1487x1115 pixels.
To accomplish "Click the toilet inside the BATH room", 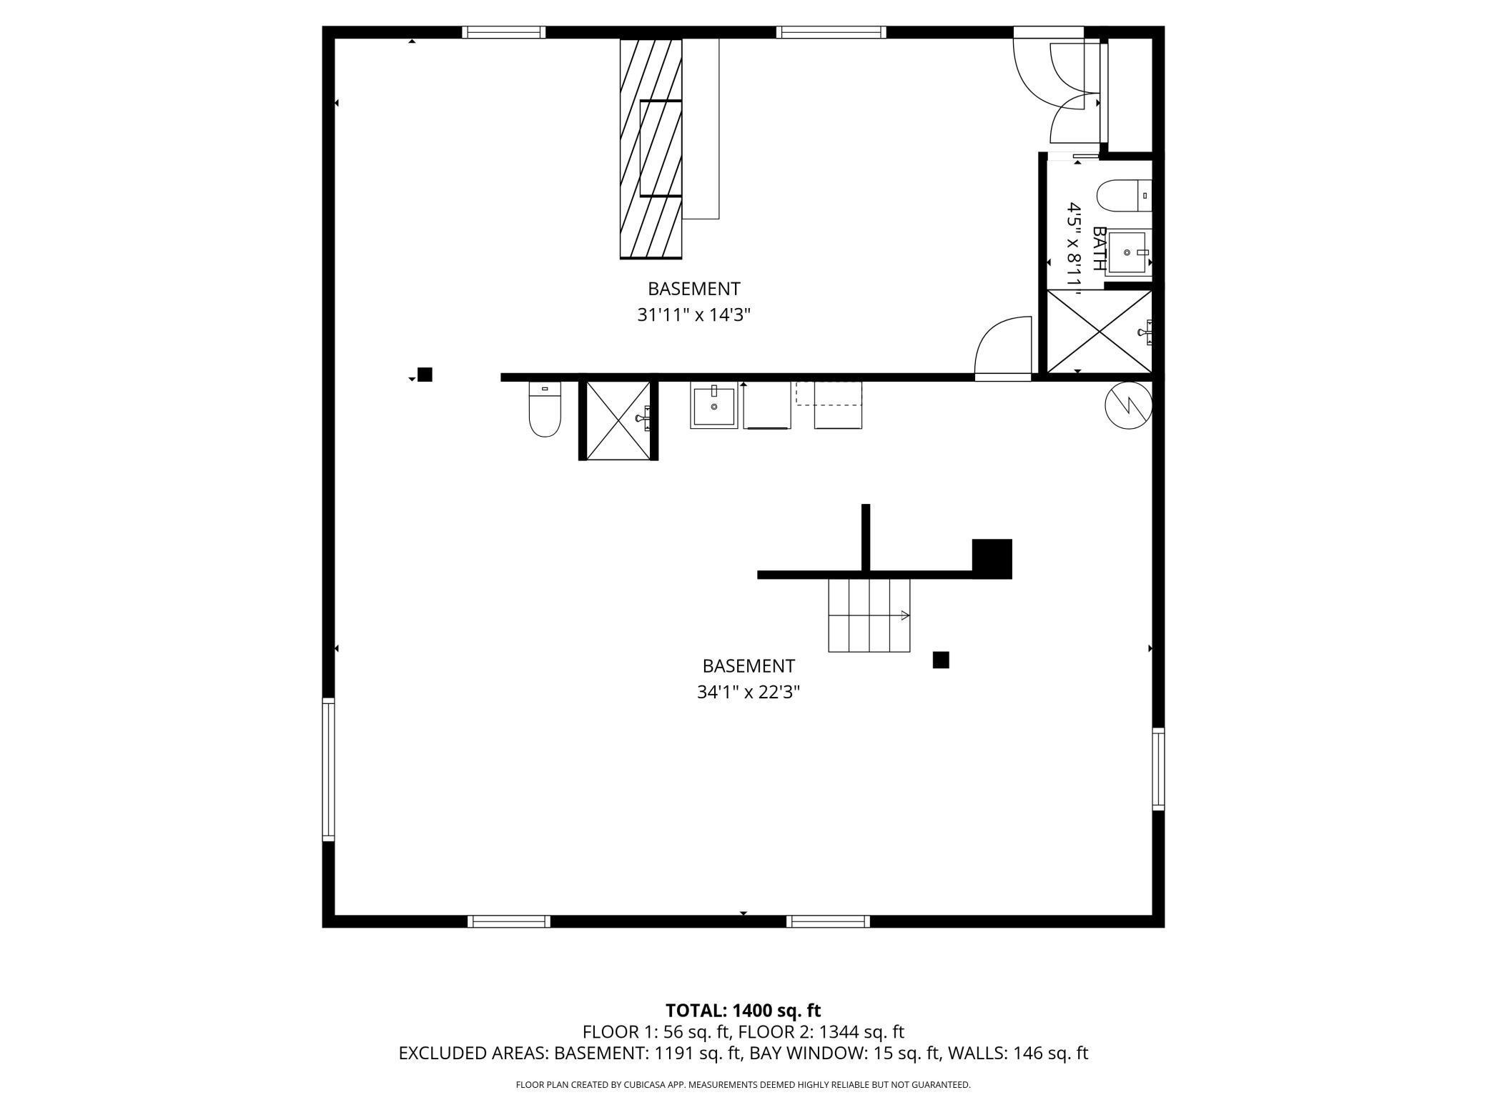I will (x=1123, y=196).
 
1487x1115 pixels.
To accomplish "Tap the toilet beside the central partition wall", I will (x=545, y=410).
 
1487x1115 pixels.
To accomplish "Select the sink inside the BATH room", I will (x=1127, y=252).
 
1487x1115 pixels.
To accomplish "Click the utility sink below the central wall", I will (x=713, y=405).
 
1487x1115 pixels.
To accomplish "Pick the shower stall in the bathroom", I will (x=1099, y=331).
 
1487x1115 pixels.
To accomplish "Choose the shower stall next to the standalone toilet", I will (x=618, y=420).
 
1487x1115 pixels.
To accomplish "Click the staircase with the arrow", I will (x=869, y=615).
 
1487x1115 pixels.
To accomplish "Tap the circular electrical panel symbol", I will (x=1128, y=405).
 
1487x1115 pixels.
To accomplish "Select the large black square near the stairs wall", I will (x=992, y=557).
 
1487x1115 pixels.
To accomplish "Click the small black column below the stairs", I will (x=941, y=660).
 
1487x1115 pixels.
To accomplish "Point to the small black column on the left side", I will (x=425, y=375).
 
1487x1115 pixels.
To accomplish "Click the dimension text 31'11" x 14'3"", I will (x=693, y=314).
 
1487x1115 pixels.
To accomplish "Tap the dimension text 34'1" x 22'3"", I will (x=748, y=692).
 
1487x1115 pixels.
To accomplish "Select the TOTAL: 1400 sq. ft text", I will (x=743, y=1010).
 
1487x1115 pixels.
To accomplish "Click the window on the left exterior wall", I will (x=328, y=768).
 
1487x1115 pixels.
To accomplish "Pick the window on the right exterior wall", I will (x=1158, y=768).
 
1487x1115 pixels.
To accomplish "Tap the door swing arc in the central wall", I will (x=1003, y=347).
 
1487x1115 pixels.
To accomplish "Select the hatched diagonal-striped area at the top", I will (x=650, y=148).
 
